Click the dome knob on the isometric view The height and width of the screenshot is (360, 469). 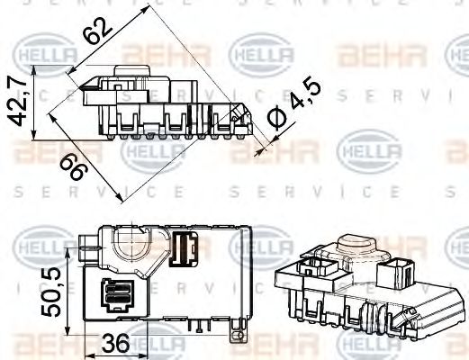pos(355,247)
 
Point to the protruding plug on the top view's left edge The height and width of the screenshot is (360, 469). pos(88,244)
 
